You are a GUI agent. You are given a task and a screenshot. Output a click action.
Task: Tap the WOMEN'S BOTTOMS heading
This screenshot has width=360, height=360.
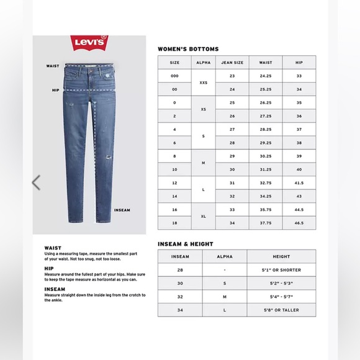point(187,48)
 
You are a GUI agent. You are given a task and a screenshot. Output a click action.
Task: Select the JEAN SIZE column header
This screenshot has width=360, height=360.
point(232,62)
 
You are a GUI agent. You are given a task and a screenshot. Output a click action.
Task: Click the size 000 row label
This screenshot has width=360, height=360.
point(174,75)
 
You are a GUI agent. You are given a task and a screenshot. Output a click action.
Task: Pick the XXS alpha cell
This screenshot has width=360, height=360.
point(204,81)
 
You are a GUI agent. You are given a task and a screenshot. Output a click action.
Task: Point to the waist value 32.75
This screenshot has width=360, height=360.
point(266,184)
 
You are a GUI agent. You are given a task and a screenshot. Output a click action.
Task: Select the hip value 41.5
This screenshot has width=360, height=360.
point(300,184)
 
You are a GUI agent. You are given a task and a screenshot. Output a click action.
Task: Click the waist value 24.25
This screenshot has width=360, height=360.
point(266,75)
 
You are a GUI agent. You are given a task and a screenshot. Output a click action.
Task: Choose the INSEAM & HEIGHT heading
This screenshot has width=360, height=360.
point(185,243)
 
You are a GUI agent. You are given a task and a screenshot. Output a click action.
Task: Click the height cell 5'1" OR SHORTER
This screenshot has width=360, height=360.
point(281,270)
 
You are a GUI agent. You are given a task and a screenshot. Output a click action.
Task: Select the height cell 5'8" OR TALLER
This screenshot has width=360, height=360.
point(281,310)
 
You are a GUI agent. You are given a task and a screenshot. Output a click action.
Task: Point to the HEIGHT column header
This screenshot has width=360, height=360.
point(281,256)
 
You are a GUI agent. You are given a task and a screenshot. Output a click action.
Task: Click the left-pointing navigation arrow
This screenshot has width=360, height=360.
point(36,182)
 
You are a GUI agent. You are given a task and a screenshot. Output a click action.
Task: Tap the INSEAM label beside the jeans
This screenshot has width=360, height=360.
point(122,210)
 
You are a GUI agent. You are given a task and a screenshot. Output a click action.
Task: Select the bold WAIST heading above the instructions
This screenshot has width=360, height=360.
point(52,247)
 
